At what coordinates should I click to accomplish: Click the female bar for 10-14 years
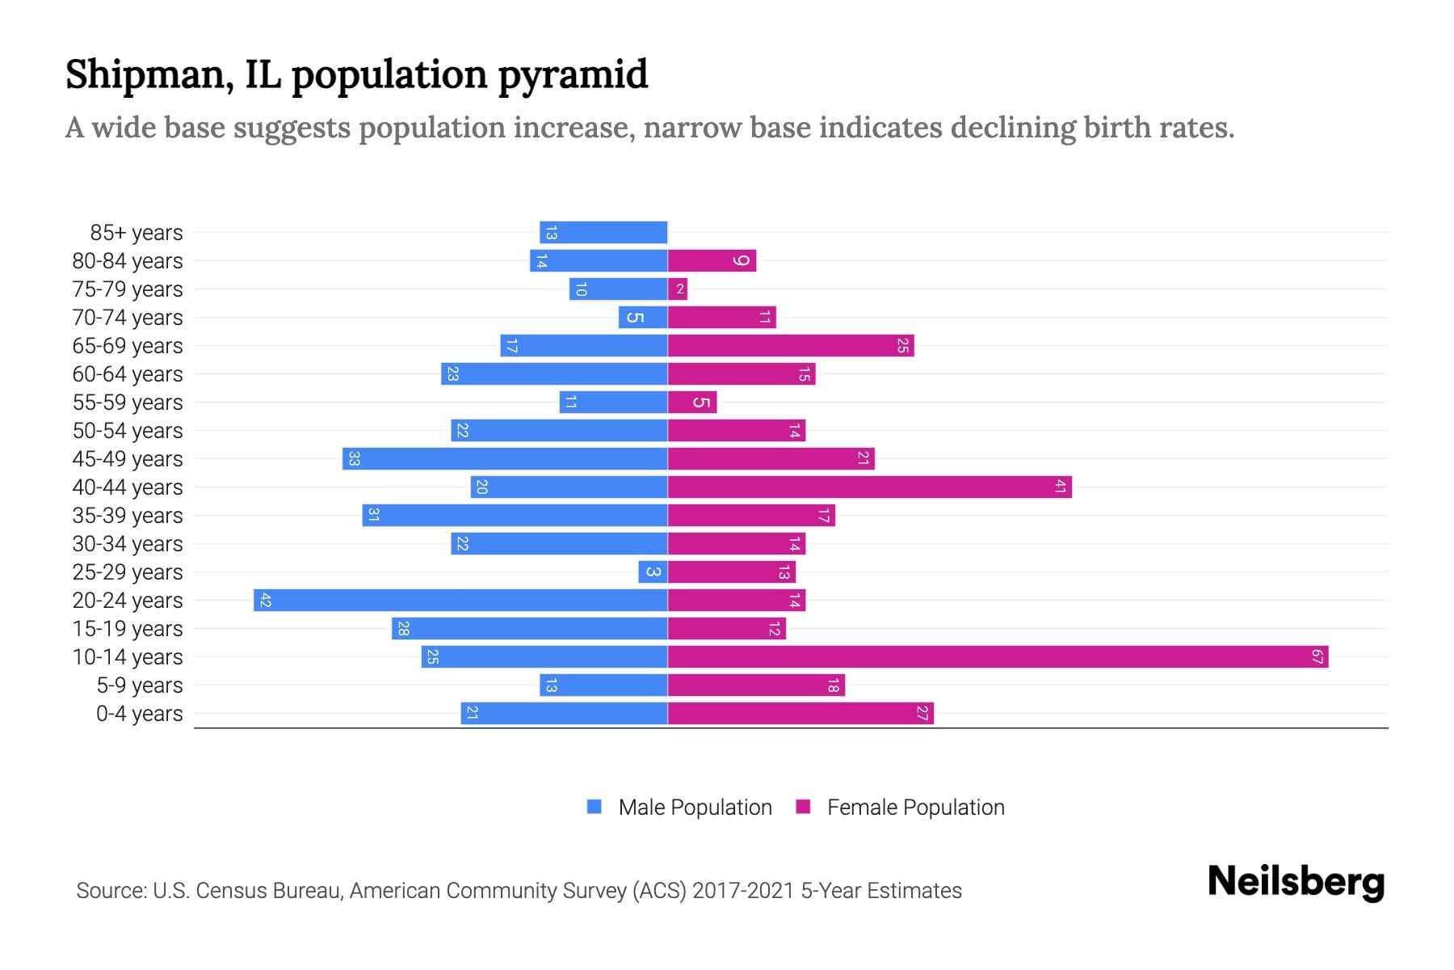[x=998, y=657]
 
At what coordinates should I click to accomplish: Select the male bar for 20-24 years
[x=460, y=601]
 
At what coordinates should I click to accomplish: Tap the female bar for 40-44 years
[x=869, y=487]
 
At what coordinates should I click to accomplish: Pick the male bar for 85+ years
[x=603, y=233]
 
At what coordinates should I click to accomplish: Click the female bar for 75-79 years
[x=678, y=289]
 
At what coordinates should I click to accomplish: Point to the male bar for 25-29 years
[x=653, y=572]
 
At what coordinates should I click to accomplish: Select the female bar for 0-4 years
[x=801, y=714]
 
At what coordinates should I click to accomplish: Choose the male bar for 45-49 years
[x=505, y=459]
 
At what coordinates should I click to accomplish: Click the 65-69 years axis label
[x=128, y=346]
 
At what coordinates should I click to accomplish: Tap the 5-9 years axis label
[x=140, y=685]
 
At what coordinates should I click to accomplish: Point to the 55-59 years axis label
[x=128, y=403]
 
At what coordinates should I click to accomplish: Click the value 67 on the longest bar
[x=1317, y=657]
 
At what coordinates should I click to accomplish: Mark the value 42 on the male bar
[x=265, y=601]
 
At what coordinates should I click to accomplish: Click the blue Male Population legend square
[x=595, y=807]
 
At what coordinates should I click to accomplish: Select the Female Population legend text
[x=915, y=808]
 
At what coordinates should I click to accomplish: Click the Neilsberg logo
[x=1296, y=882]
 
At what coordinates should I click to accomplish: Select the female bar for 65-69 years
[x=791, y=346]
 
